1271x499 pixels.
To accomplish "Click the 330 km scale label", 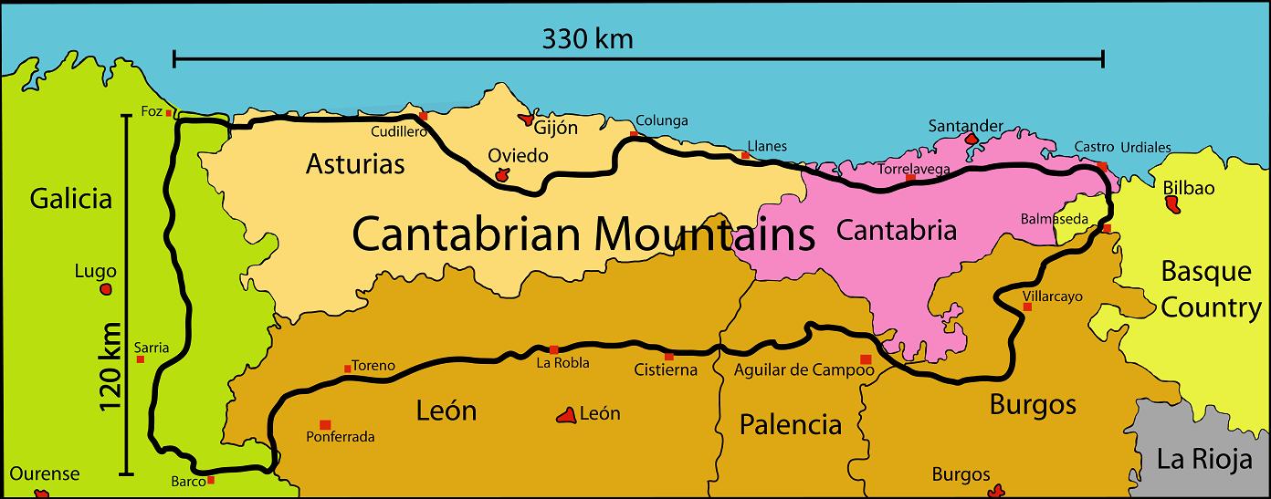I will pos(587,39).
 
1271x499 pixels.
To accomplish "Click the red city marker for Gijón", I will pos(527,119).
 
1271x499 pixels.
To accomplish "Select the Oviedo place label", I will pos(518,155).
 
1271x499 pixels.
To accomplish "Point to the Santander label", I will pos(965,126).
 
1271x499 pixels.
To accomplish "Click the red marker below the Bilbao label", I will pos(1171,205).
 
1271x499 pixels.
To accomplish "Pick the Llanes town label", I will pos(766,146).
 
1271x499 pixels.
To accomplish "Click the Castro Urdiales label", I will pos(1122,147).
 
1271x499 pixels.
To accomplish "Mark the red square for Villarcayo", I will pos(1027,307).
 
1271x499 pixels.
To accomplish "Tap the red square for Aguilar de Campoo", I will pos(866,359).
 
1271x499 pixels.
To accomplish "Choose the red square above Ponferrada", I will pos(325,424).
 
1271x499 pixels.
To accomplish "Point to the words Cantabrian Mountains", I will pos(583,234).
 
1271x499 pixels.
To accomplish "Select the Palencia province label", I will pos(790,424).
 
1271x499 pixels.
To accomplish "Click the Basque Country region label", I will pos(1210,289).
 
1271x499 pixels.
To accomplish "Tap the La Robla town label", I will pos(562,363).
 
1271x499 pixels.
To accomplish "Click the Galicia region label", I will pos(70,198).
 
